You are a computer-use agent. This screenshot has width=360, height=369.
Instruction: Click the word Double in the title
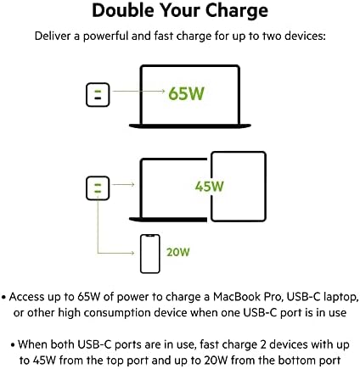coord(124,10)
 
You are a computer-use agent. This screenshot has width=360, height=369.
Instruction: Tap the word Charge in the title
coord(236,12)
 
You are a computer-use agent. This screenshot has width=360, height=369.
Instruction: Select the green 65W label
coord(186,93)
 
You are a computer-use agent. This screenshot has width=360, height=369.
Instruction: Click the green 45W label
coord(210,186)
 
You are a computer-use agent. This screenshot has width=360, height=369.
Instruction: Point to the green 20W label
coord(178,252)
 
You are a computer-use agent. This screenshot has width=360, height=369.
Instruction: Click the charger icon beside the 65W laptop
coord(98,95)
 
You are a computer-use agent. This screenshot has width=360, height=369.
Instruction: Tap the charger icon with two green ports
coord(98,188)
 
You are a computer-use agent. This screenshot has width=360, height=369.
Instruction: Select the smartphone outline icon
coord(150,254)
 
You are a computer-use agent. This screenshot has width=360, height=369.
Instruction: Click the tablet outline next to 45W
coord(239,187)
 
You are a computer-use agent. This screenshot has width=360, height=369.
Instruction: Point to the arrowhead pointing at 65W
coord(163,91)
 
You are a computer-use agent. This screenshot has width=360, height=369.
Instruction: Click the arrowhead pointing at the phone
coord(132,253)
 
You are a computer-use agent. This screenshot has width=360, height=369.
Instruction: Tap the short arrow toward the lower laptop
coord(123,184)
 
